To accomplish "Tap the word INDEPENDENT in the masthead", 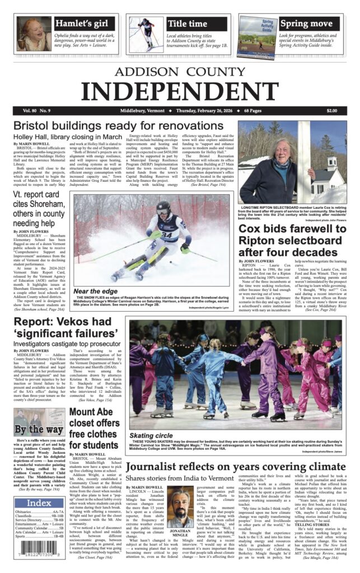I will pos(180,90).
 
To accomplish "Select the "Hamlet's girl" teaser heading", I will pos(85,24).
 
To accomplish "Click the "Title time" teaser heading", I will pos(188,24).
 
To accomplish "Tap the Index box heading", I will pos(39,502).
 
